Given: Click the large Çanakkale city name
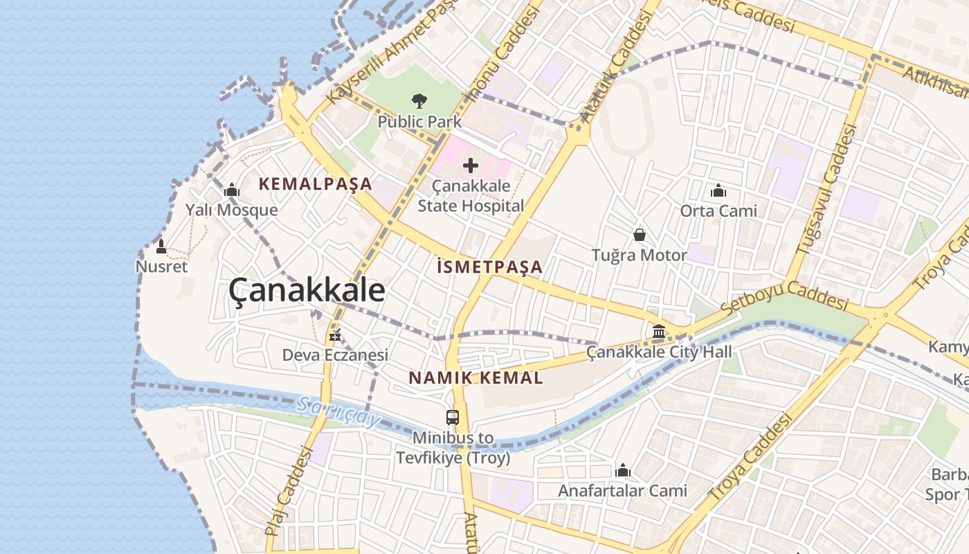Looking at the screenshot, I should (x=307, y=289).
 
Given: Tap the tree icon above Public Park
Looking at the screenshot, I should (x=419, y=101).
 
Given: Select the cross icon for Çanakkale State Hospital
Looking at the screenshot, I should (x=471, y=166).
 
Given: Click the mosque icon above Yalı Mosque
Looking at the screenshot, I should (x=231, y=190).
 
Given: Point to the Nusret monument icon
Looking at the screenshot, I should (x=161, y=247).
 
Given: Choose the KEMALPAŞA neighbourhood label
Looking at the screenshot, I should (x=316, y=184).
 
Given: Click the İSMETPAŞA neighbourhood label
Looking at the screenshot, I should (x=490, y=267).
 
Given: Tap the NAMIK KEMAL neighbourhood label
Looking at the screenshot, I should (x=476, y=378).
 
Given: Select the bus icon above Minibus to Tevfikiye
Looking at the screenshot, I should (x=453, y=417).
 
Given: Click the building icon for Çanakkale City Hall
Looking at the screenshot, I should (x=659, y=331).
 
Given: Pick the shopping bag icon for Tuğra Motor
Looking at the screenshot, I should (x=640, y=235).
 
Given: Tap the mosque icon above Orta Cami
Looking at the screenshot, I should (x=718, y=190).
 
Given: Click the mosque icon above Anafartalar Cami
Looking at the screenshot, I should (x=623, y=471).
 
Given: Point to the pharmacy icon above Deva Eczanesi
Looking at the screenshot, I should (x=335, y=336).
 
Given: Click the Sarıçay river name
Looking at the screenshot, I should (x=339, y=411).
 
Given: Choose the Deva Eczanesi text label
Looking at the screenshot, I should (x=335, y=355).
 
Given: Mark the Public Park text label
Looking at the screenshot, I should (x=419, y=122).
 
